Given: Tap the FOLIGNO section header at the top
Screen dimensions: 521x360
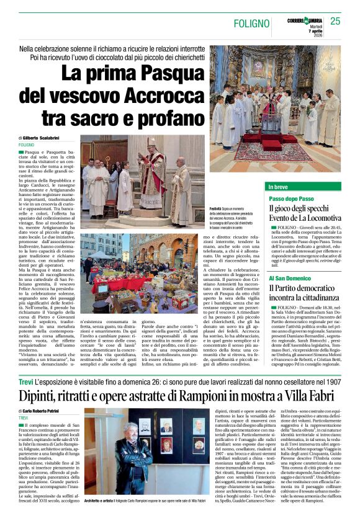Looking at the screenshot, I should coord(251,23).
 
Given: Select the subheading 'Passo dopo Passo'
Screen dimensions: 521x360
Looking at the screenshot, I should coord(291,198).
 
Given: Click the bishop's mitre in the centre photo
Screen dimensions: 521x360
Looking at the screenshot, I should coord(151,141).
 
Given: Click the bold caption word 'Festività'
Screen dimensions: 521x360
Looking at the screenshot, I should coord(215,210).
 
